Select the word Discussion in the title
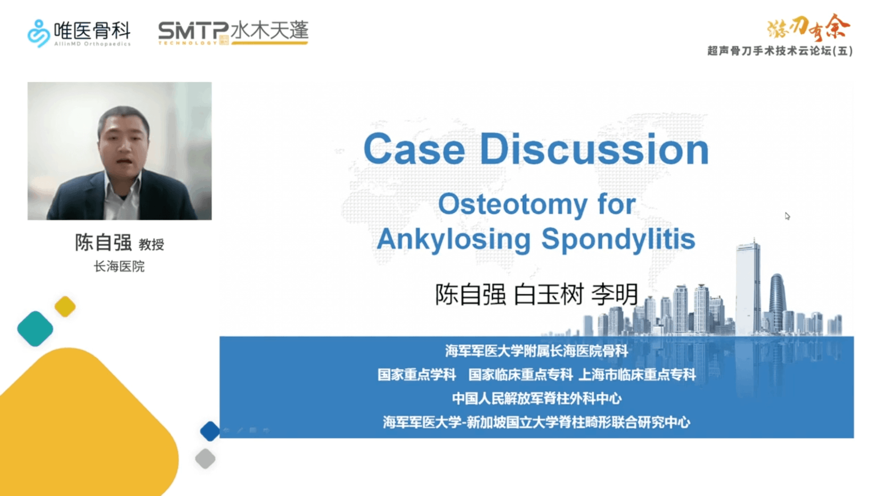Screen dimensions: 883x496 point(594,149)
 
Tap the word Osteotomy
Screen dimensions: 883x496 point(512,204)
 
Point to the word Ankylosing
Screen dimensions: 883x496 point(453,239)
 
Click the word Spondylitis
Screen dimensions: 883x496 point(618,239)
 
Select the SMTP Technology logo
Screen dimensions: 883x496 point(233,32)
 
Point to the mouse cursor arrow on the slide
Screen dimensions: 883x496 point(787,216)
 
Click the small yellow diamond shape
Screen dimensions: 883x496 point(65,307)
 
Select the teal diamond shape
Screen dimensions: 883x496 point(35,329)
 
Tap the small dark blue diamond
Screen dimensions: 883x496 point(210,431)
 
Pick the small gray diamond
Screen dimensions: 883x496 point(205,459)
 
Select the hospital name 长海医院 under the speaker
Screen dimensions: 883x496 point(119,266)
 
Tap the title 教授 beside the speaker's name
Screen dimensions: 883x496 point(151,244)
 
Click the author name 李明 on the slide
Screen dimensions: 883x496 point(614,294)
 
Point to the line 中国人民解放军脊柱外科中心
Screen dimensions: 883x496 point(537,398)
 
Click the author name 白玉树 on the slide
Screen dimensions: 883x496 point(548,294)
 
